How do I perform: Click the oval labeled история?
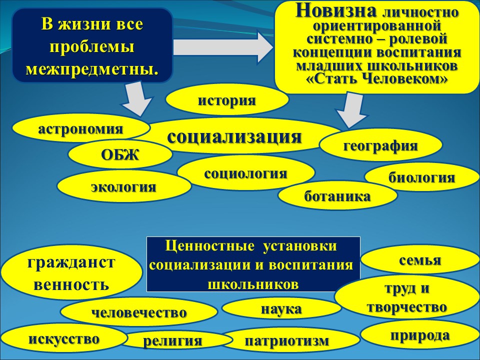[x=227, y=100]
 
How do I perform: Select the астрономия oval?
[x=81, y=128]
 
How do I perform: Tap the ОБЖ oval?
[x=120, y=154]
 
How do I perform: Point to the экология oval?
[x=124, y=186]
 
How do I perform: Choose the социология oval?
[x=246, y=173]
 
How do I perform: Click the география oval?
[x=380, y=145]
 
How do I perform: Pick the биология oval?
[x=422, y=177]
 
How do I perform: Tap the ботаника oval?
[x=337, y=196]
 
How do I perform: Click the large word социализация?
[x=234, y=136]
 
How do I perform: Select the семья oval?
[x=420, y=260]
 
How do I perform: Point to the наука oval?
[x=281, y=308]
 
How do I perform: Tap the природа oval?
[x=420, y=335]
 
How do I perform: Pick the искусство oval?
[x=64, y=338]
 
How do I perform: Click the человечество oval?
[x=139, y=312]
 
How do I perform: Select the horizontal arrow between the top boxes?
[x=222, y=47]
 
